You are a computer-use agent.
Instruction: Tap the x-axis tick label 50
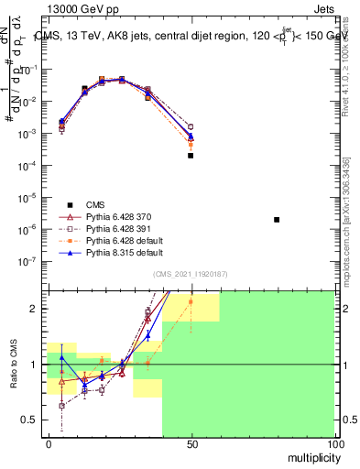(x=191, y=444)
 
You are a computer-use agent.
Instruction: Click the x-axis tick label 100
(x=334, y=444)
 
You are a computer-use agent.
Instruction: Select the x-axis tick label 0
(x=49, y=444)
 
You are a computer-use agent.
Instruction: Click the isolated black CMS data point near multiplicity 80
(x=277, y=220)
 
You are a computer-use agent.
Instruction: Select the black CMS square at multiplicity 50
(x=191, y=156)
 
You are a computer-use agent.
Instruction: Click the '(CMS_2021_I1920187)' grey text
(x=190, y=275)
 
